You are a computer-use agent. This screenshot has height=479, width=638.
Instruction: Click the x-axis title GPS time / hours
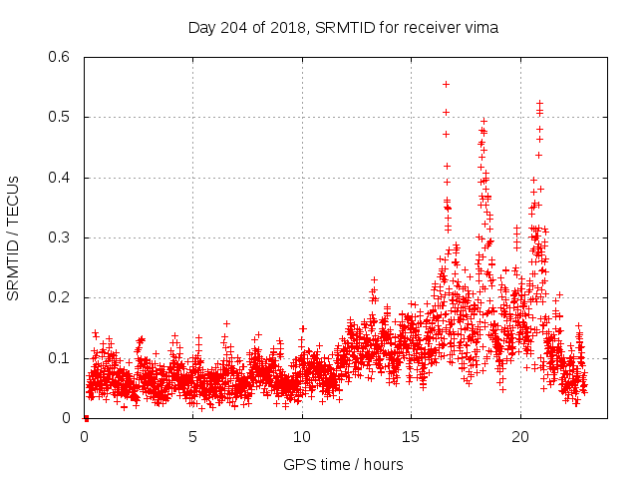pyautogui.click(x=343, y=464)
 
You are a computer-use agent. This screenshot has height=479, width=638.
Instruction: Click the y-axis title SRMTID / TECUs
pyautogui.click(x=13, y=238)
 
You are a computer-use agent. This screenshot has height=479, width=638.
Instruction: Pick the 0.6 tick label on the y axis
pyautogui.click(x=58, y=57)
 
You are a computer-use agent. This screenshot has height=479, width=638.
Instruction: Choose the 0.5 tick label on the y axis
pyautogui.click(x=58, y=117)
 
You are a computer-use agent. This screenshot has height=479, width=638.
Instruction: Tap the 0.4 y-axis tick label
pyautogui.click(x=58, y=178)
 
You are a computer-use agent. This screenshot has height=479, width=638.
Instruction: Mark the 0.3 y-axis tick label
pyautogui.click(x=58, y=238)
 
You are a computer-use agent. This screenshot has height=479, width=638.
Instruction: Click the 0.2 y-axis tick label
pyautogui.click(x=58, y=297)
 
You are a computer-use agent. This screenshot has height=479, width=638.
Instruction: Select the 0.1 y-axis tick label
pyautogui.click(x=58, y=357)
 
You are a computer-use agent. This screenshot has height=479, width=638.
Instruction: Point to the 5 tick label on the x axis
pyautogui.click(x=193, y=437)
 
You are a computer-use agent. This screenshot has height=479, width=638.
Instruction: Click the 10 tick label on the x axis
pyautogui.click(x=302, y=437)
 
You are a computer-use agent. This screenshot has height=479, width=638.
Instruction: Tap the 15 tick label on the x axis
pyautogui.click(x=411, y=437)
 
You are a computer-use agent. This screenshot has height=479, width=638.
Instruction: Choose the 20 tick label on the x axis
pyautogui.click(x=519, y=437)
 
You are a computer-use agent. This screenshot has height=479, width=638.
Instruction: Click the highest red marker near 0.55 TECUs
pyautogui.click(x=446, y=84)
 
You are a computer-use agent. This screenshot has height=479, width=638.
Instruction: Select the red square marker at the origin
pyautogui.click(x=86, y=418)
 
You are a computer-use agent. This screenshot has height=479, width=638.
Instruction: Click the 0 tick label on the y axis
pyautogui.click(x=66, y=418)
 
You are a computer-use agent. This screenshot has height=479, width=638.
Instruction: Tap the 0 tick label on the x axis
pyautogui.click(x=85, y=437)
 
